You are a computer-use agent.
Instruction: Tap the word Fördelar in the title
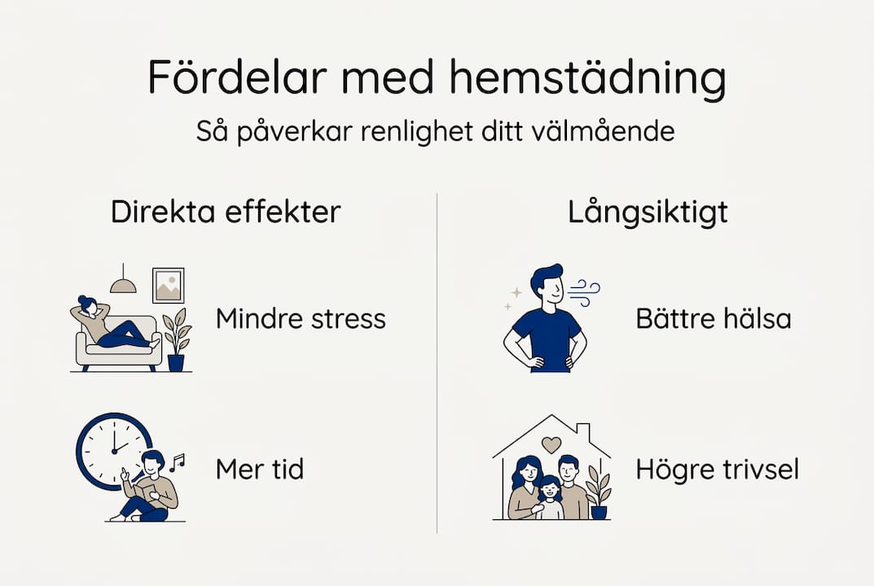(237, 77)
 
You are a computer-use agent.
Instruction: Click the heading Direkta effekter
(225, 212)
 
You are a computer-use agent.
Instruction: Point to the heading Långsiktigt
(648, 212)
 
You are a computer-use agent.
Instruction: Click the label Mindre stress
(301, 318)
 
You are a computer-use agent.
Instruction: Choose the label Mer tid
(259, 469)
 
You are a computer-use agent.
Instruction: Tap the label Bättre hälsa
(713, 318)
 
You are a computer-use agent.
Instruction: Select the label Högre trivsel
(717, 469)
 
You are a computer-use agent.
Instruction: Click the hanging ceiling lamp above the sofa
(123, 282)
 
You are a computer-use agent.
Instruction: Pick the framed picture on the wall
(168, 285)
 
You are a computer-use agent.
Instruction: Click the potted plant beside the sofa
(176, 340)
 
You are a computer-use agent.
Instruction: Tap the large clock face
(112, 449)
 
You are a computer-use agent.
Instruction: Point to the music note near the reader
(177, 462)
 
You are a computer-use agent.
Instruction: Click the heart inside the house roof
(551, 444)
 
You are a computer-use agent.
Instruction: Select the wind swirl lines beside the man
(583, 292)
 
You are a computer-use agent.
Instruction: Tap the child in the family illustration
(551, 498)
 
